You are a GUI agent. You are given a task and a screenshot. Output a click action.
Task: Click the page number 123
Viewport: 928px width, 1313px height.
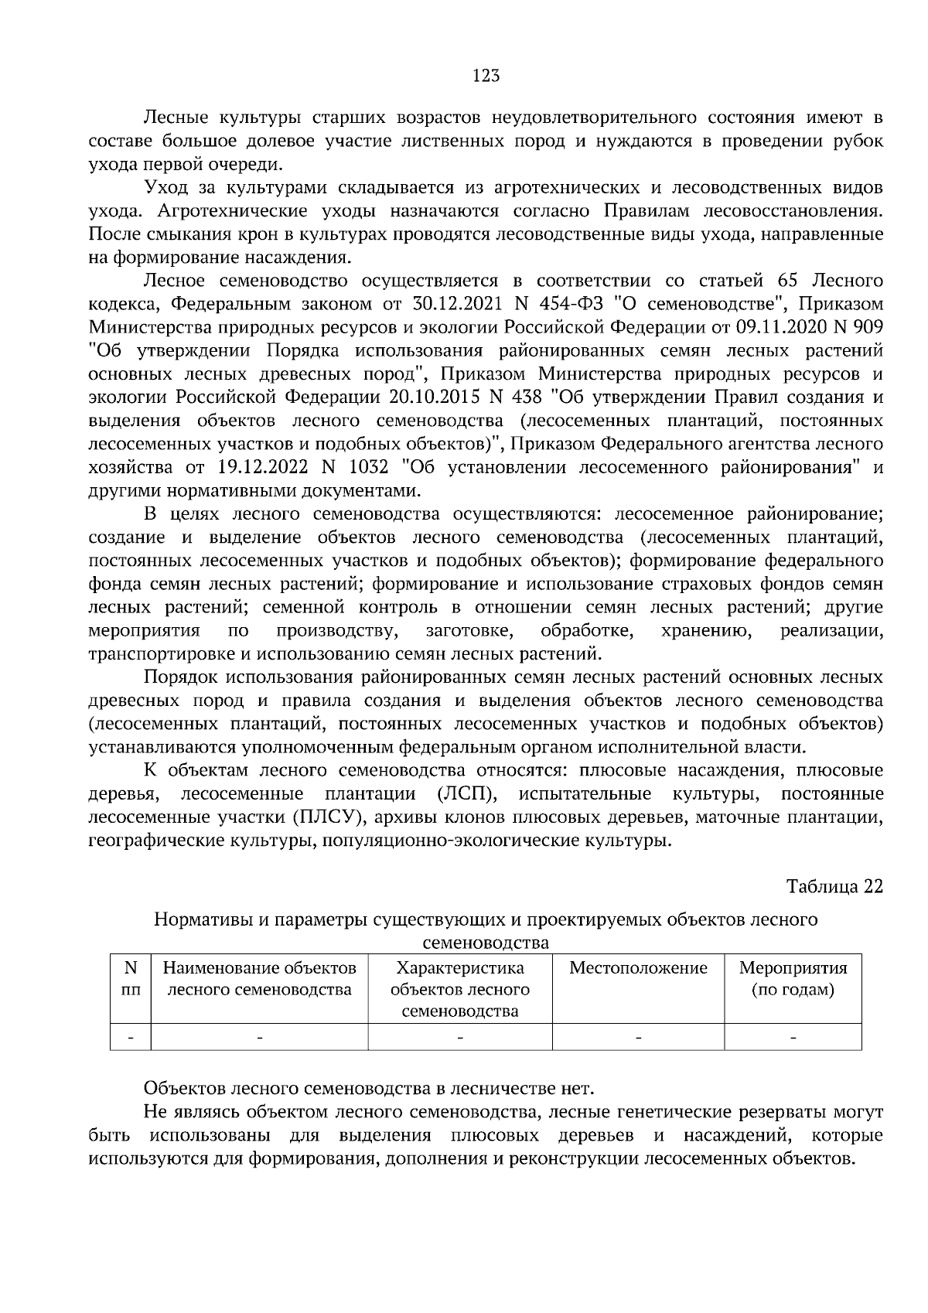485,76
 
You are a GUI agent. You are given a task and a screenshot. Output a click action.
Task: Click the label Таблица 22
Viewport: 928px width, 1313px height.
834,886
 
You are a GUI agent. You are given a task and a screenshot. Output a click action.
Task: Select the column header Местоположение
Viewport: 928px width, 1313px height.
638,968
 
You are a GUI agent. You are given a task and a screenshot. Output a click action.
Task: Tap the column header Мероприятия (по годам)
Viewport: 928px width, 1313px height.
793,979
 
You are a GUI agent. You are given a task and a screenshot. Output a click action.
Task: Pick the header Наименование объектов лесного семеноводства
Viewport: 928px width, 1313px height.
259,979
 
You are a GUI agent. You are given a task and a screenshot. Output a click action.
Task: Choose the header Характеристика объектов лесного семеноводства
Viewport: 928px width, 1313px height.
460,990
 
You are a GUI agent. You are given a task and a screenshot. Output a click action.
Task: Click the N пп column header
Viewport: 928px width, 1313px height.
131,979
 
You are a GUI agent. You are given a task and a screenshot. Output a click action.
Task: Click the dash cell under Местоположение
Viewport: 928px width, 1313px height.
638,1037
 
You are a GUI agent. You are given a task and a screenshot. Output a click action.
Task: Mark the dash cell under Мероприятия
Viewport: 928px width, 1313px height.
793,1037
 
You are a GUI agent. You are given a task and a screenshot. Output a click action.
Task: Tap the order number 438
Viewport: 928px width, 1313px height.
525,397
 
